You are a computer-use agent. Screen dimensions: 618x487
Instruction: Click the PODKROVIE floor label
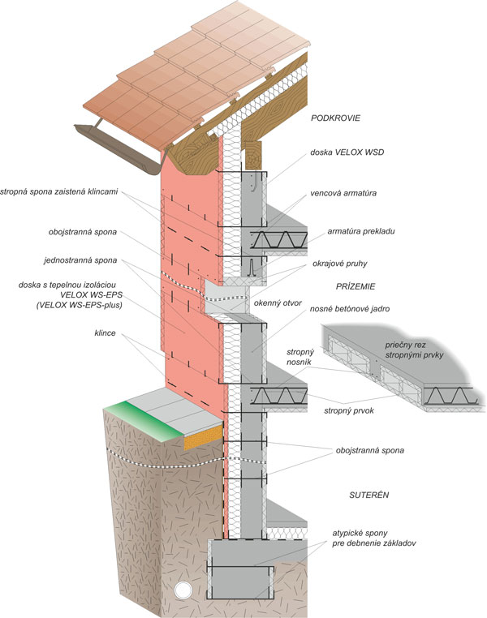(x=335, y=118)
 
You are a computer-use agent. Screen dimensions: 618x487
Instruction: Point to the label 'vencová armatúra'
(x=349, y=195)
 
